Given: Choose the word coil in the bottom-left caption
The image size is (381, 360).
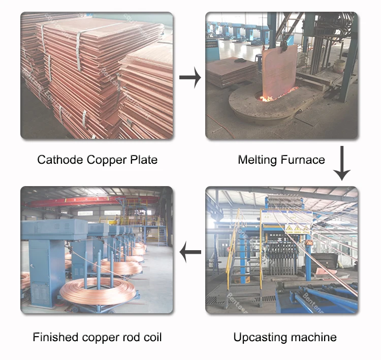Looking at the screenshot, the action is tap(152, 337).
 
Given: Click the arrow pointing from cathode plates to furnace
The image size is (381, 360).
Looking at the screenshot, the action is tap(189, 78).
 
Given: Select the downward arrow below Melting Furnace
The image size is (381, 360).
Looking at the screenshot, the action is tap(342, 163).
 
